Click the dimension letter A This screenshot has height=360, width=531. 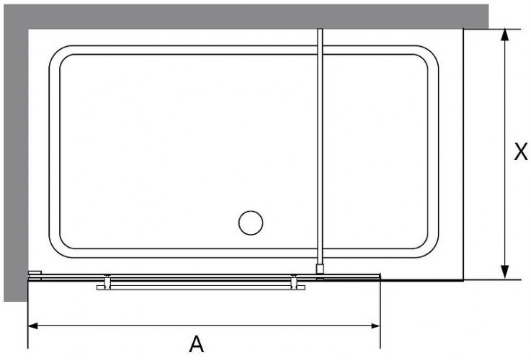tap(197, 344)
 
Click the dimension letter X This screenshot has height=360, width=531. tap(521, 151)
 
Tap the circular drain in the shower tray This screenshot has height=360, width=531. tap(251, 222)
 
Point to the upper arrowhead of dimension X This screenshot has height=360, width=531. tap(504, 35)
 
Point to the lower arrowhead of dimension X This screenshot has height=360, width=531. tap(504, 273)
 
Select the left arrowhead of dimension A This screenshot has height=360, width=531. tap(32, 326)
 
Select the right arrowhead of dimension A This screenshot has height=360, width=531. tap(375, 326)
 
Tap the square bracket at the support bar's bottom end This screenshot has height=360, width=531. tap(320, 269)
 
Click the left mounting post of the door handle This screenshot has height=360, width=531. tap(107, 282)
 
